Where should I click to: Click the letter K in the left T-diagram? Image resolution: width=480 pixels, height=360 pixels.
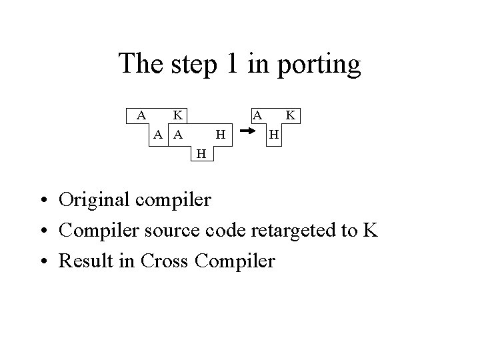179,115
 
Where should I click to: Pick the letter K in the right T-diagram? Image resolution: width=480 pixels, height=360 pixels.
290,115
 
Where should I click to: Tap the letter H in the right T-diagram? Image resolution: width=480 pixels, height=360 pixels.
272,135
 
